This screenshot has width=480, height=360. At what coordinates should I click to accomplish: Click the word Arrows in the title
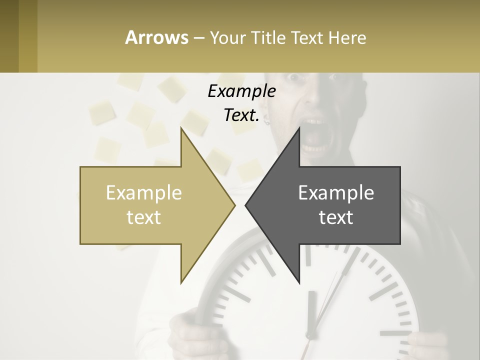coord(156,37)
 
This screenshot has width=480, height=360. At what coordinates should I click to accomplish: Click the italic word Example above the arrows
coord(241,91)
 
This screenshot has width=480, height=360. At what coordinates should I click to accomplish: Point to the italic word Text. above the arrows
coord(241,115)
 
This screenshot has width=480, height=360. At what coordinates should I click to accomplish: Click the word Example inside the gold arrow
coord(144,193)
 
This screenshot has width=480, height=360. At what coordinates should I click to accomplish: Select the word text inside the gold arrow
coord(144,217)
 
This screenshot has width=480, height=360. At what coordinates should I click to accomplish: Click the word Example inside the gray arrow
coord(336,193)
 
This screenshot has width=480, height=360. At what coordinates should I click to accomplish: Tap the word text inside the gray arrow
coord(336,217)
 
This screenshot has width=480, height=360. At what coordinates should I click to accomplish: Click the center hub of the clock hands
coord(311,335)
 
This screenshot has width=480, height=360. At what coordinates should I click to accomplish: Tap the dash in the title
coord(198,37)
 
